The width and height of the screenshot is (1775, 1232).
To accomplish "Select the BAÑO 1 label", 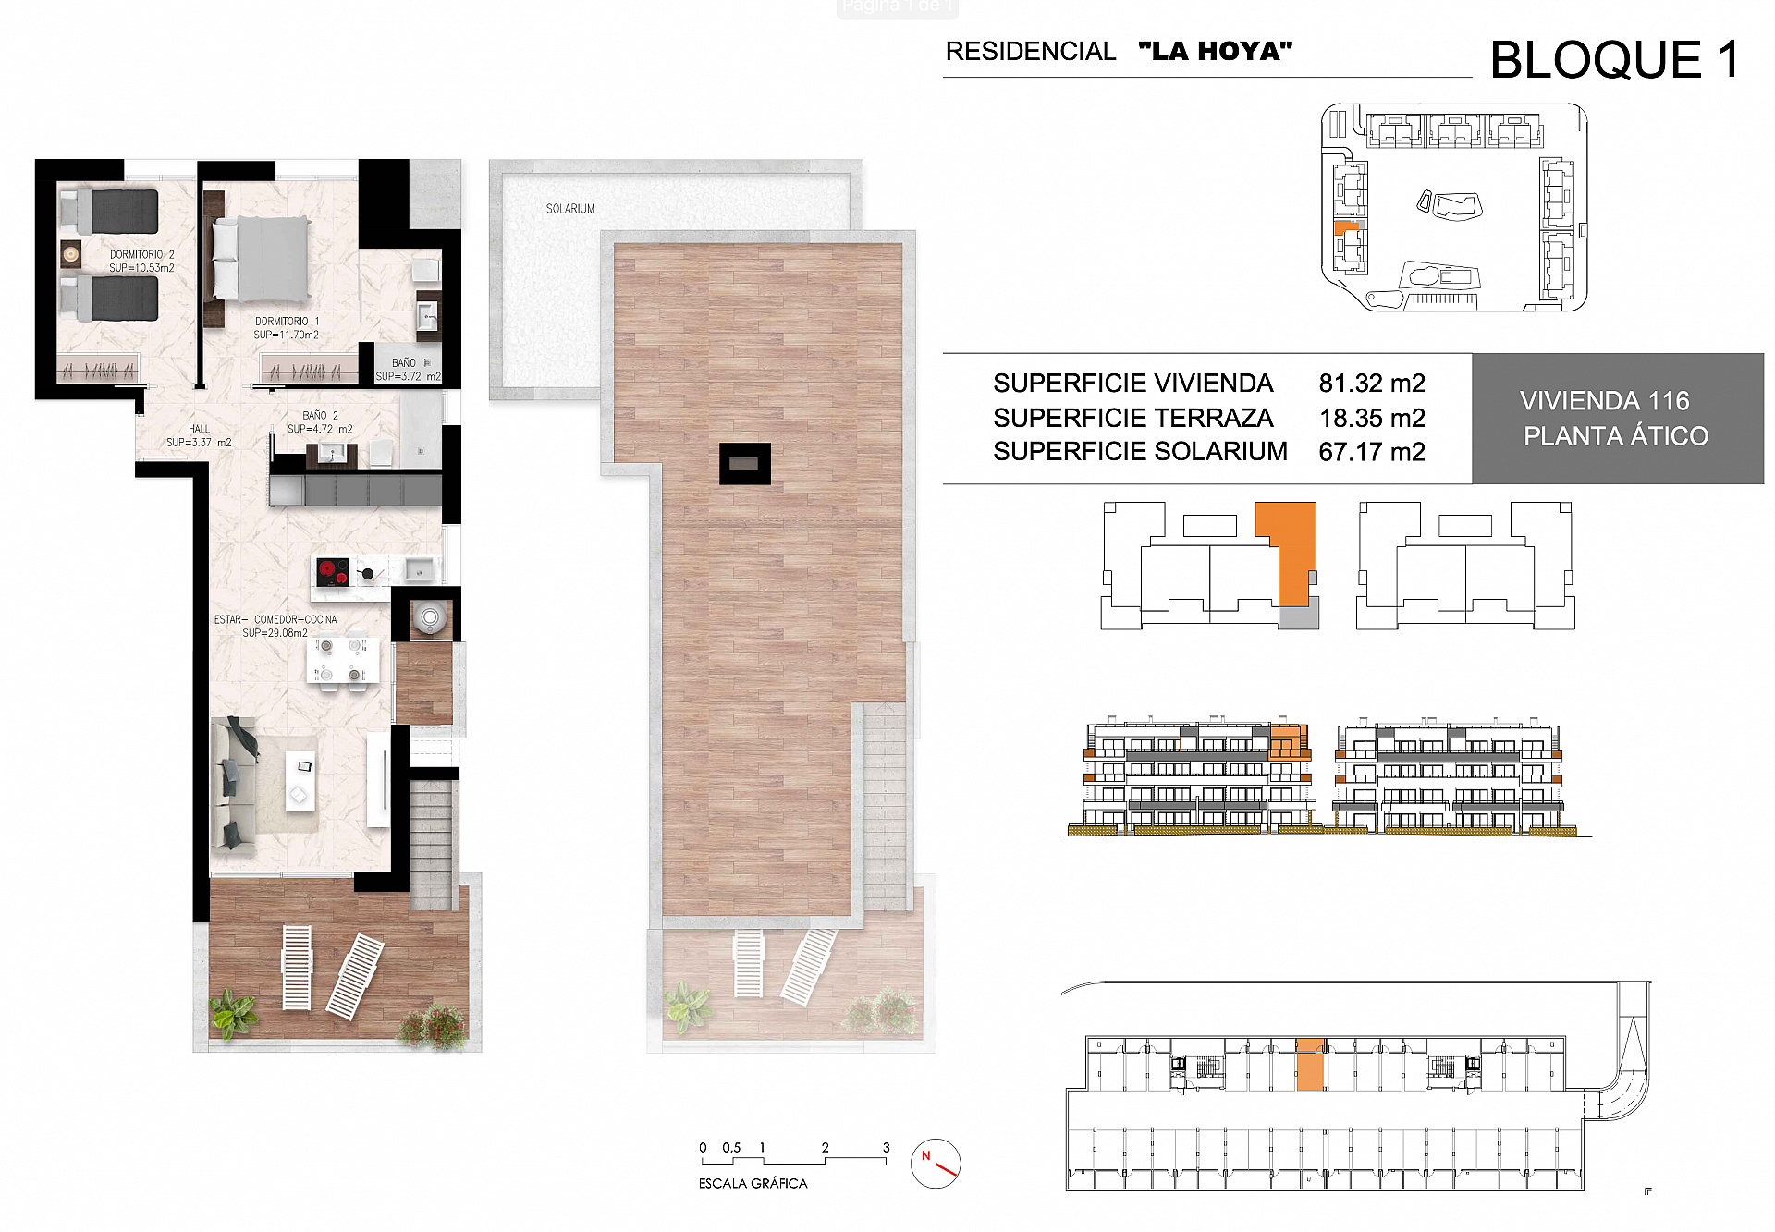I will click(407, 363).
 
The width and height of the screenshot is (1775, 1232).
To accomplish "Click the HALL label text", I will click(199, 429).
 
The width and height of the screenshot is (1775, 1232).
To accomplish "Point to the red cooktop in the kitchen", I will click(333, 572).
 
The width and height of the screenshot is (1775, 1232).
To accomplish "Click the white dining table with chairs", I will click(341, 660).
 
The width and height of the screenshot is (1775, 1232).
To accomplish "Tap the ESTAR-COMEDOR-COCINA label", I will click(275, 620).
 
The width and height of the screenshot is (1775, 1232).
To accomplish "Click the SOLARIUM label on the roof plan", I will click(569, 209).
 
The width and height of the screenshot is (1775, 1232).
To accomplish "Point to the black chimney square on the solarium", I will click(744, 463).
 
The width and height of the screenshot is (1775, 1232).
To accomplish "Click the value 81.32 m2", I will click(1371, 383).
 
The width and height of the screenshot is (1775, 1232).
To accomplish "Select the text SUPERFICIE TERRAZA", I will click(1132, 418).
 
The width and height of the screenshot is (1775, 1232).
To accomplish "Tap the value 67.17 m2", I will click(1371, 452).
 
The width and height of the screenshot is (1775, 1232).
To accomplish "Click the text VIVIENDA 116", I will click(1604, 401).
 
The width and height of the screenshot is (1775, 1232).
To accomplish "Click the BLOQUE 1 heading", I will click(1614, 60).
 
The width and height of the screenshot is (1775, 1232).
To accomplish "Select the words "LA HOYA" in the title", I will click(1215, 51).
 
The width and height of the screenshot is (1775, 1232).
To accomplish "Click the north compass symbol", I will click(936, 1164).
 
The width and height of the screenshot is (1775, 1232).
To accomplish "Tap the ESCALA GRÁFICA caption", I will click(753, 1183).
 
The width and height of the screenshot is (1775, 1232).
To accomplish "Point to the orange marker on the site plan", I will click(1346, 227).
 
